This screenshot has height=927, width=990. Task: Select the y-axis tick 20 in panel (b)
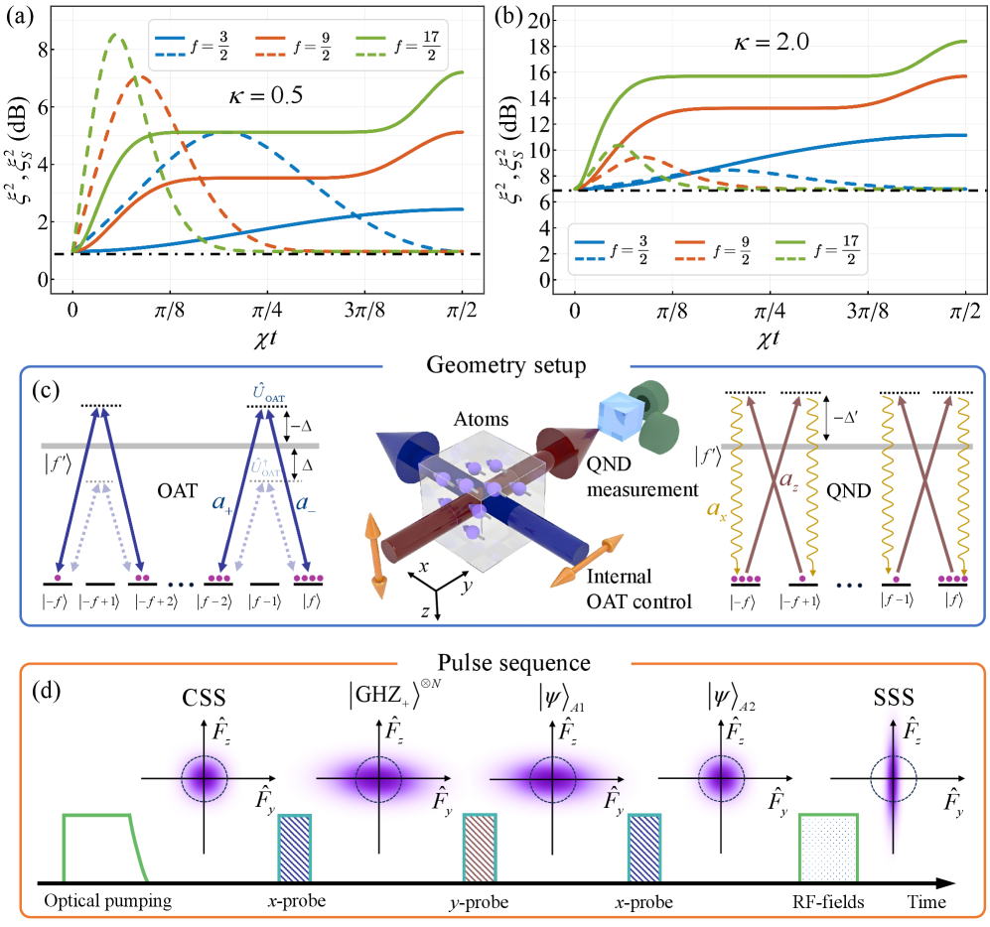547,21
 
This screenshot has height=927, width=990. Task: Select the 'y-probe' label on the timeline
480,903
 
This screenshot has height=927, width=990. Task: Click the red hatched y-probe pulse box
480,846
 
